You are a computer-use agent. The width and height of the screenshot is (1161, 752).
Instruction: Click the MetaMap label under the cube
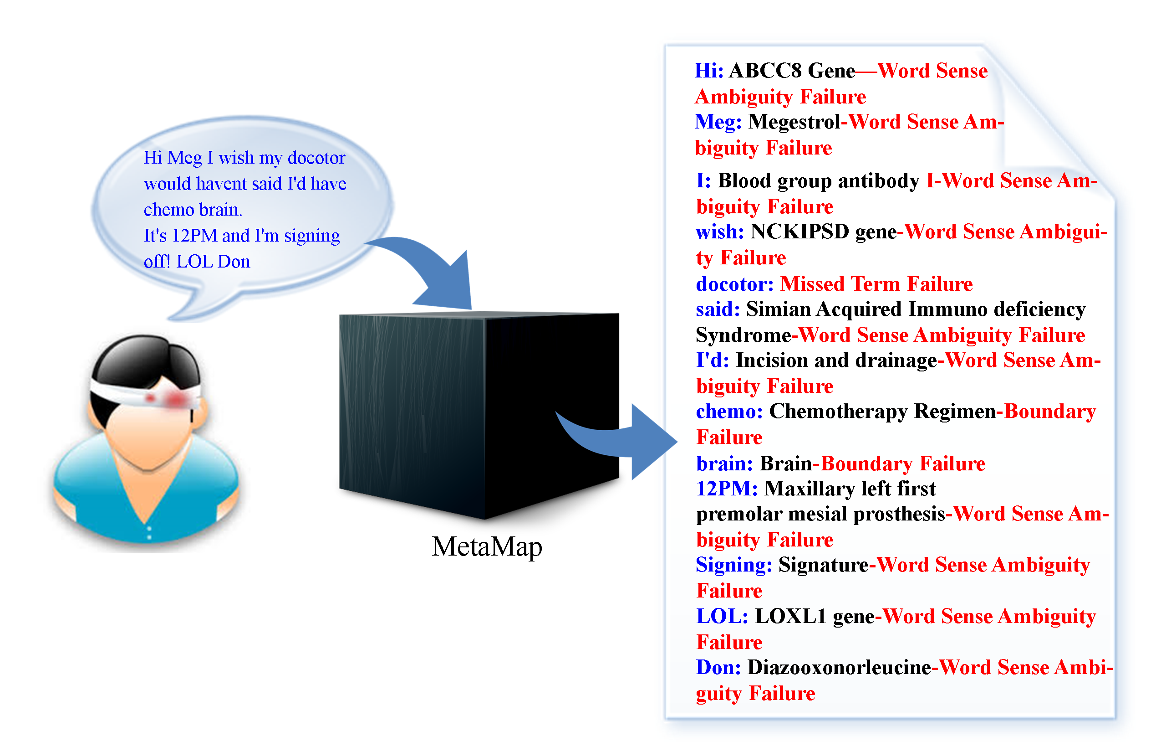[486, 546]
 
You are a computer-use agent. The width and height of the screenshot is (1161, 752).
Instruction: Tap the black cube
[478, 415]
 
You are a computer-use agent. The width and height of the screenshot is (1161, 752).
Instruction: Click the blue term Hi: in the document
[709, 71]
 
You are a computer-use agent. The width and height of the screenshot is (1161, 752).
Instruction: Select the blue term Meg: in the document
[718, 122]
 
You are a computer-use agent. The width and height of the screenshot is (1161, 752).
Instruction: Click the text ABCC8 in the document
[765, 71]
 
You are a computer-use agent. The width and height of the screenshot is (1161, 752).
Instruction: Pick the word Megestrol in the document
[794, 122]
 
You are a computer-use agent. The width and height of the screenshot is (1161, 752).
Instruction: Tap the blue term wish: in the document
[719, 232]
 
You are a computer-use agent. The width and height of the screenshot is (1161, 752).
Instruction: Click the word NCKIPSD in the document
[799, 232]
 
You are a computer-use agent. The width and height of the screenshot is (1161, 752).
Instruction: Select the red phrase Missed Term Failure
[876, 284]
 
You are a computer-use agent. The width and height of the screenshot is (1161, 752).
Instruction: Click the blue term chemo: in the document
[729, 411]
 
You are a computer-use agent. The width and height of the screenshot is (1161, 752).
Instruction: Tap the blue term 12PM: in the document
[726, 488]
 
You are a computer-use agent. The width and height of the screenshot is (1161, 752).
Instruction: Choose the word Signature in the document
[823, 565]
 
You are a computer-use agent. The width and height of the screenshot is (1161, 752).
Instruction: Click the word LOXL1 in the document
[790, 616]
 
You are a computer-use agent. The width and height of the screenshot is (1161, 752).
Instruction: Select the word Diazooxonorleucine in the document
[839, 668]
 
